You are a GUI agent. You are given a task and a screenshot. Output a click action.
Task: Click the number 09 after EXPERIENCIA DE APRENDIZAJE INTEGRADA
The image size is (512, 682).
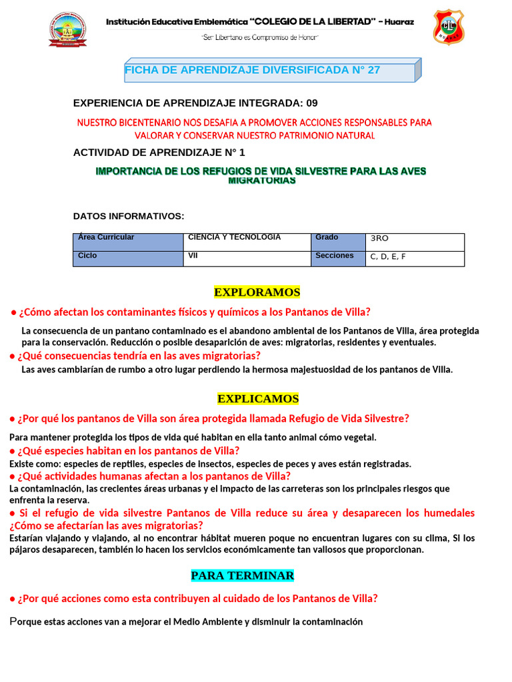click(x=311, y=103)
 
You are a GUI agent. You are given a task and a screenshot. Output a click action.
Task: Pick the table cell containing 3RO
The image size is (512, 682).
click(x=415, y=242)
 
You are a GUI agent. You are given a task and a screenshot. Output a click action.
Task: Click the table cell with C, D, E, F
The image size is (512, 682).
click(x=415, y=258)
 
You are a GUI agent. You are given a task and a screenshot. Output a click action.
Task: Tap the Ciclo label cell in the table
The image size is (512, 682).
click(x=128, y=258)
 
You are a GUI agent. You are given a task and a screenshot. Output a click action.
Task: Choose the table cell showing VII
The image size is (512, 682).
click(x=247, y=258)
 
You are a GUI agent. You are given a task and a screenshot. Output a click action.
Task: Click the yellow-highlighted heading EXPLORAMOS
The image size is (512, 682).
click(x=257, y=292)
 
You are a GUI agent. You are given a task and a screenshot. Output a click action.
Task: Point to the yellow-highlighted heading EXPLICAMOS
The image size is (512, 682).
click(x=258, y=399)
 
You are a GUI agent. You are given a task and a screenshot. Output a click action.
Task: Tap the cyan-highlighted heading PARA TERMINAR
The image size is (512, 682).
click(x=242, y=575)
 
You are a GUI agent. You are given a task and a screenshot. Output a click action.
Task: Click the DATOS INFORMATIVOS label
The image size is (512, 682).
click(x=129, y=216)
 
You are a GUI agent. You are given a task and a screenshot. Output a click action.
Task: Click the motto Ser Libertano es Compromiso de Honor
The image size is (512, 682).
click(x=260, y=37)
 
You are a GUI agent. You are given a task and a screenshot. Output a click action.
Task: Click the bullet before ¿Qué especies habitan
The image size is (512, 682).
click(x=13, y=451)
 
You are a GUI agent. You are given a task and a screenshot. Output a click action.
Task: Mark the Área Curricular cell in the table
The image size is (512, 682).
click(x=128, y=242)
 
